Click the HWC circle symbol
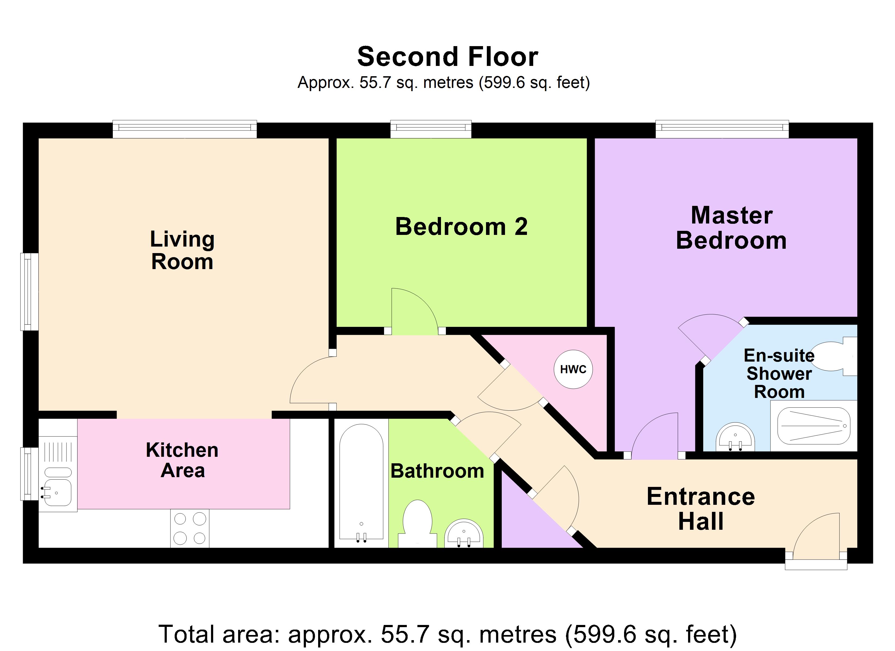click(573, 369)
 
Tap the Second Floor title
click(448, 56)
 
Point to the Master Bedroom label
click(731, 228)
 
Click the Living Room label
click(182, 250)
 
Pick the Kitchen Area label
click(182, 460)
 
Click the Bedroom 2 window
click(431, 129)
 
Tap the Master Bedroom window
click(722, 129)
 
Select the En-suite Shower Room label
click(779, 374)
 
